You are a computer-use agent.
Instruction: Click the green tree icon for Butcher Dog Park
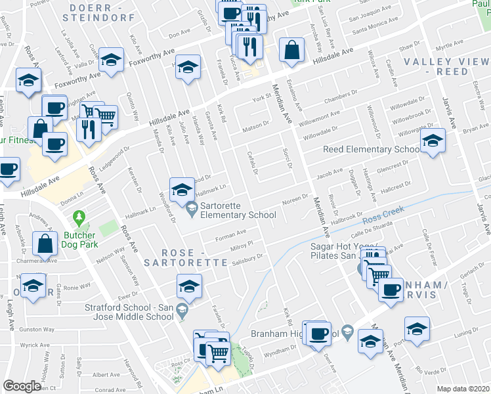pos(79,216)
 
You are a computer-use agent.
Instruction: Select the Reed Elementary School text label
pos(371,150)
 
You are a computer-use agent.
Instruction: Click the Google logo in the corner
pos(22,386)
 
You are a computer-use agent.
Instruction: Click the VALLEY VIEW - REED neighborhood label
pos(446,66)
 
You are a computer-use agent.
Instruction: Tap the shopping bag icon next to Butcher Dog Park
pos(45,244)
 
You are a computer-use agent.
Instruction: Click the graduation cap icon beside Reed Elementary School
pos(432,141)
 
